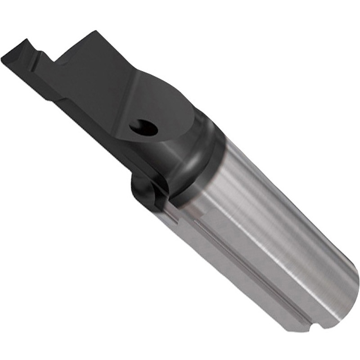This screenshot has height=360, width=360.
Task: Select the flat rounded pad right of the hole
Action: [x=175, y=108]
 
